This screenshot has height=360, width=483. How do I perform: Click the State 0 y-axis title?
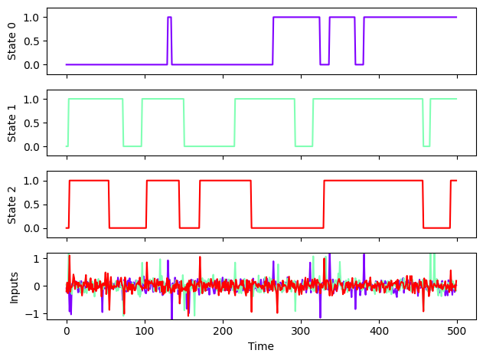[x=11, y=41]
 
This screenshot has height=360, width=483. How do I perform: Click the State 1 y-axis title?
[x=11, y=123]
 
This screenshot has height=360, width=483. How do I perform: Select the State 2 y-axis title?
[x=11, y=204]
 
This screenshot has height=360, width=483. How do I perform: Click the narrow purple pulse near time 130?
[x=169, y=38]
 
